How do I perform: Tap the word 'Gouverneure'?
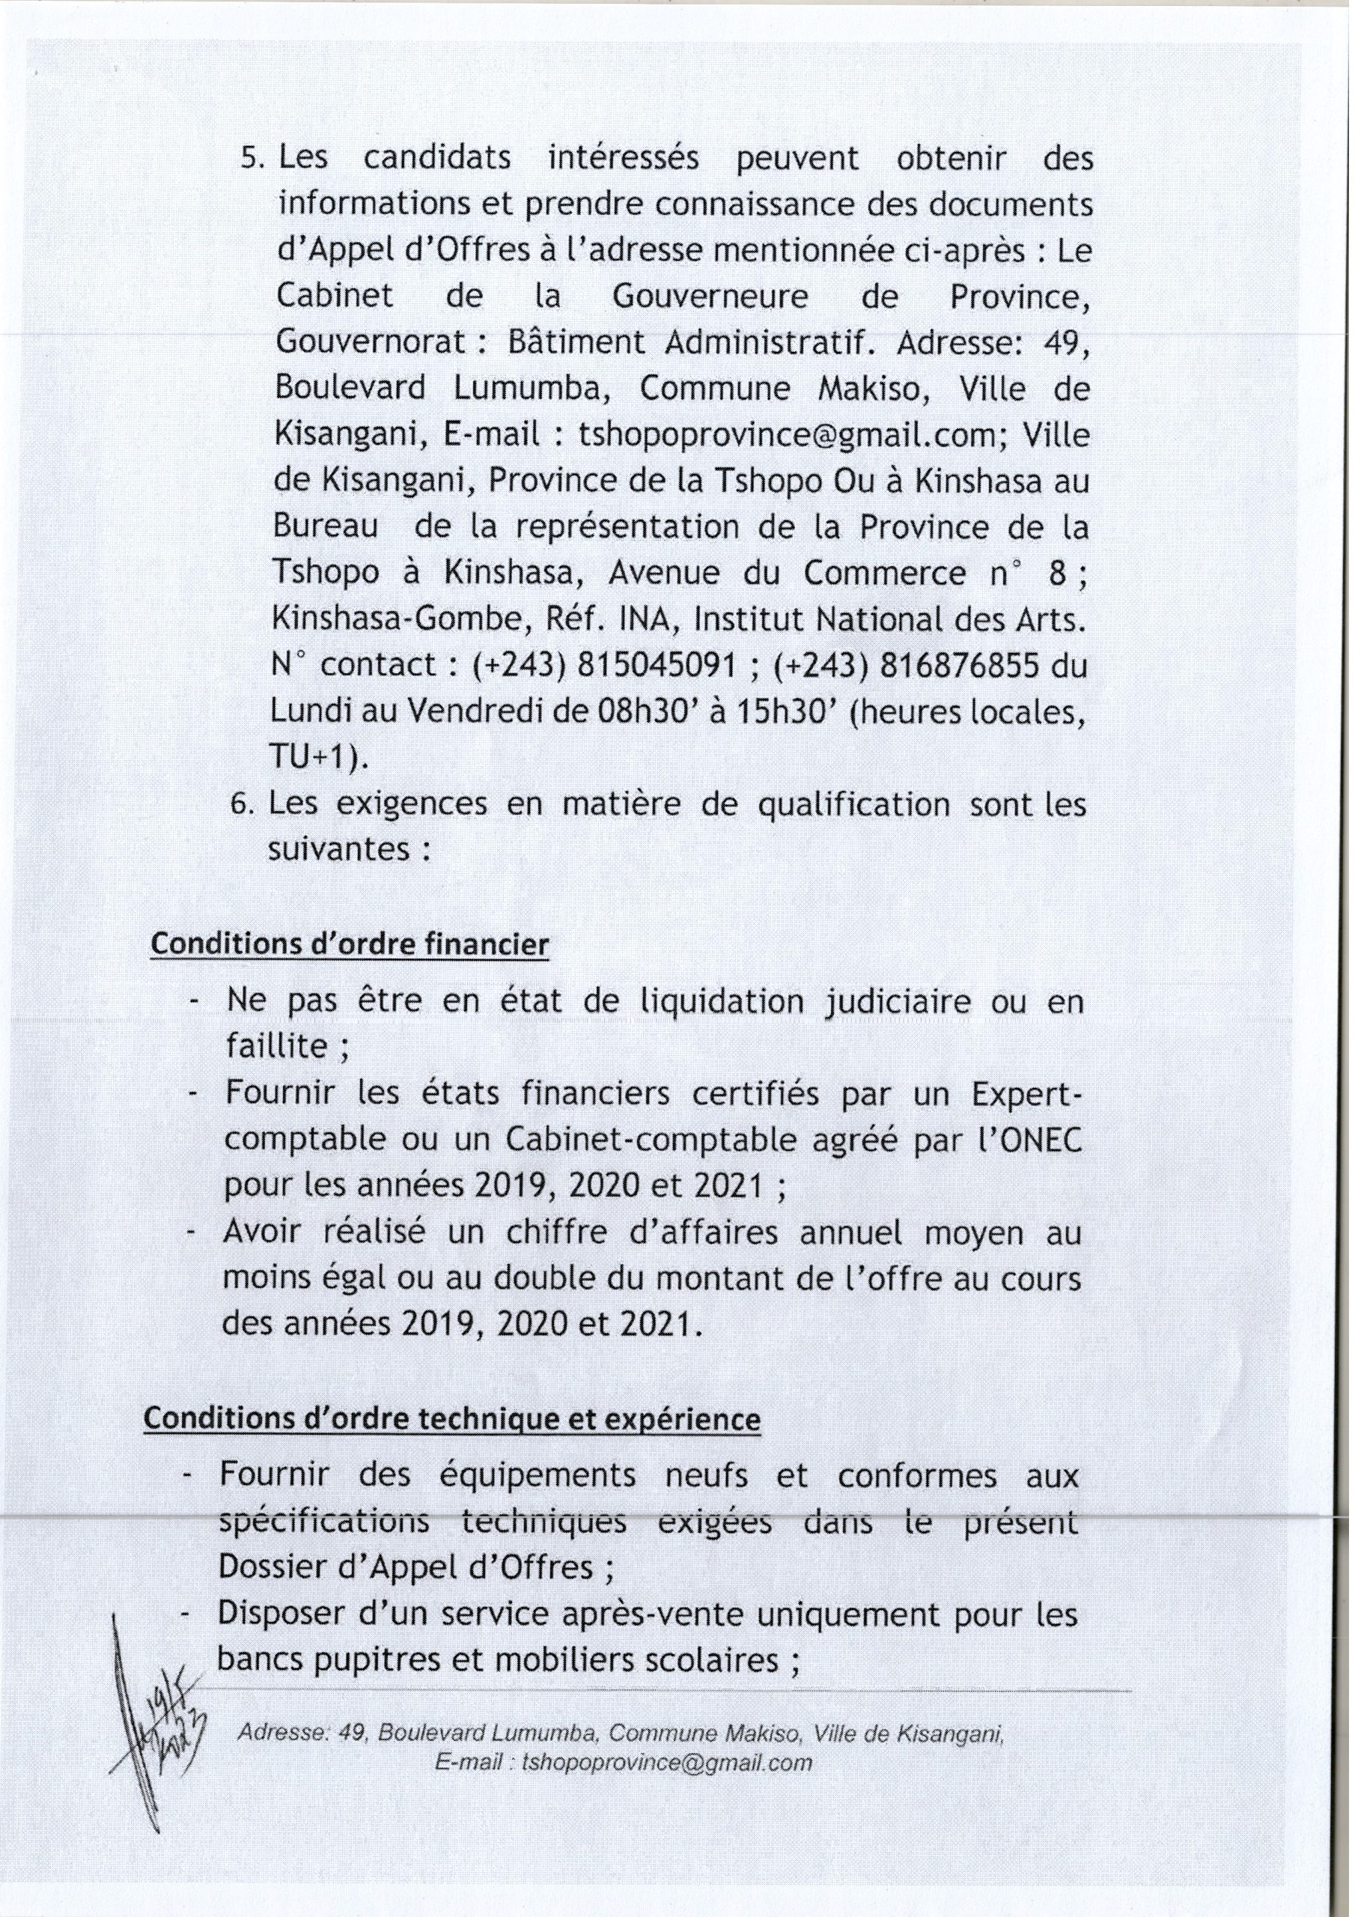coord(710,297)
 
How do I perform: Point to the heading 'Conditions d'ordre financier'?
coord(350,944)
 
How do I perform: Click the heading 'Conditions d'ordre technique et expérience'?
coord(451,1419)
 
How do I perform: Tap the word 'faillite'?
coord(278,1046)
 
